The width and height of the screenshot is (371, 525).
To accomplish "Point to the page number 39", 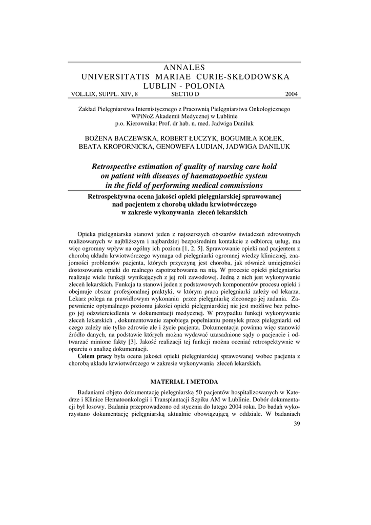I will tap(297, 423).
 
